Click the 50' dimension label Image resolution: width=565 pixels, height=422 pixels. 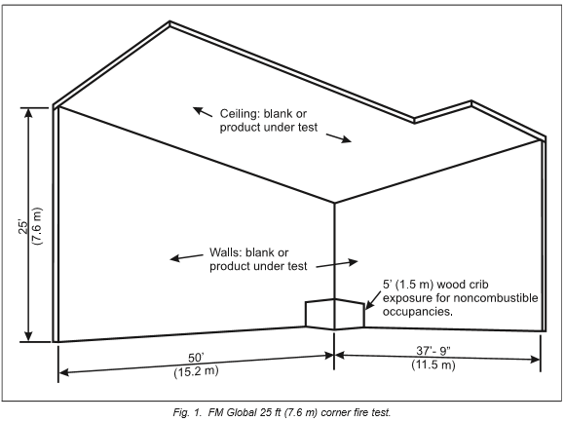click(x=196, y=358)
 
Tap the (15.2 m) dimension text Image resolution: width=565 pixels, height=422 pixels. click(x=196, y=371)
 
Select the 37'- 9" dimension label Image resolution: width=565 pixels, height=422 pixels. click(x=433, y=350)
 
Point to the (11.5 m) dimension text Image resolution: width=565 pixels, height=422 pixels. click(x=433, y=364)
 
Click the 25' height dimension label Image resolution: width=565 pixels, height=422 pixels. click(x=23, y=227)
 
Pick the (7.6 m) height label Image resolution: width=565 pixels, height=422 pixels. click(x=37, y=227)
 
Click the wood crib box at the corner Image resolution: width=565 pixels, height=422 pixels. click(x=335, y=314)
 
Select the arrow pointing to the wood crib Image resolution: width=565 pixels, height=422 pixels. click(x=372, y=300)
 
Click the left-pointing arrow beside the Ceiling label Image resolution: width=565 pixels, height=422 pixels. click(x=203, y=112)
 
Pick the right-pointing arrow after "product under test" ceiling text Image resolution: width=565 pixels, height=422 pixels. click(x=339, y=138)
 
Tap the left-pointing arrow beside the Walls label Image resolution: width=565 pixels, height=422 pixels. click(x=187, y=257)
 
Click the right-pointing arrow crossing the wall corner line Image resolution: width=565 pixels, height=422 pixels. click(x=337, y=264)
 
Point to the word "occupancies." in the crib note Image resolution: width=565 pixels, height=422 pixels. click(x=418, y=311)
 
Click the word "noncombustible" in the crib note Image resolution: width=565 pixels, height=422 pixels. click(x=496, y=298)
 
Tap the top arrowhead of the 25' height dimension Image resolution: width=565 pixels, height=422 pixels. click(x=28, y=112)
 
